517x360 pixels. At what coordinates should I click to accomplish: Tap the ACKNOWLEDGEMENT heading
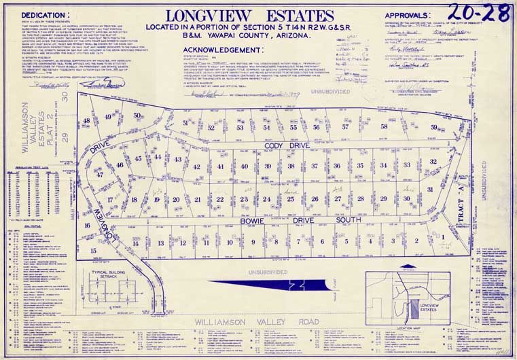(221, 50)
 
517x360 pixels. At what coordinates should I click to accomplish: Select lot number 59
(452, 128)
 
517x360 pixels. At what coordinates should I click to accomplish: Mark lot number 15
(93, 251)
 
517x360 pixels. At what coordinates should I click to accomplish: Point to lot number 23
(244, 199)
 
